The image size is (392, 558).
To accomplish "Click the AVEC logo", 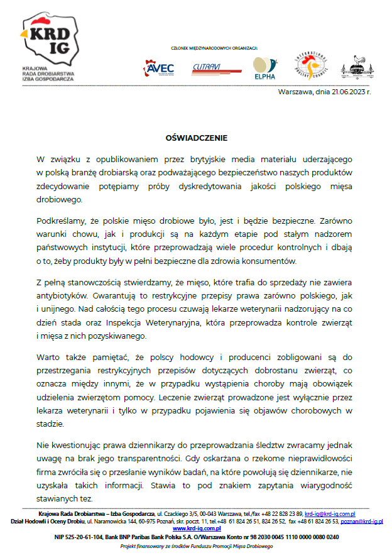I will point(160,68).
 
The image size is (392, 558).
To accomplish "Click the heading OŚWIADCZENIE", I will point(196,138).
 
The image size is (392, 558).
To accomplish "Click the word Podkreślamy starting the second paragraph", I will point(62,221).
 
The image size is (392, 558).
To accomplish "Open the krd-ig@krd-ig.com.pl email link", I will point(330,514).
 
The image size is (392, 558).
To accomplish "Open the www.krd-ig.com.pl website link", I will point(195,529).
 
